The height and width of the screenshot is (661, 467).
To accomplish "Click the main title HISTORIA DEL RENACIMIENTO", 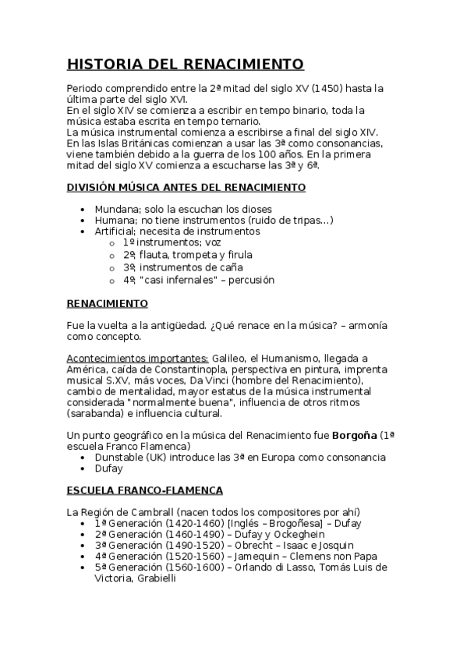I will coord(185,64).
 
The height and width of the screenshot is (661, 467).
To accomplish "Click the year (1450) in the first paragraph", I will coord(327,88).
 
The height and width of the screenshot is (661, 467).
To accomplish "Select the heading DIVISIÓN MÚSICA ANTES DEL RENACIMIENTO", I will coord(186,187).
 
